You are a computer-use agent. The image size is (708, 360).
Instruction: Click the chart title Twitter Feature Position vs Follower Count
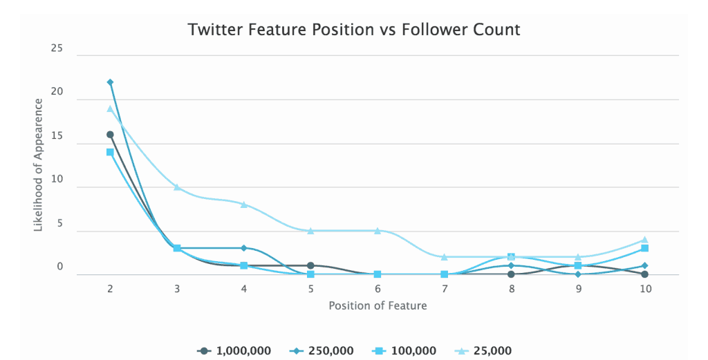click(354, 30)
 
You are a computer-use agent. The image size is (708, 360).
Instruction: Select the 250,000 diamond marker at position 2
click(110, 82)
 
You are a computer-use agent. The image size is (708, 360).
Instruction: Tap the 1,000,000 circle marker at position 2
click(110, 135)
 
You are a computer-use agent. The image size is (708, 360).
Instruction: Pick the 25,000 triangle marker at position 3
click(177, 187)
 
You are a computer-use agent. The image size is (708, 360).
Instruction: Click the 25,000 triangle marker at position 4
click(244, 205)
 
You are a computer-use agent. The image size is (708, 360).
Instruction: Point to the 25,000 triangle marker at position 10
click(645, 240)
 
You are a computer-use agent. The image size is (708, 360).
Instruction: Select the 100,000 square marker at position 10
click(645, 248)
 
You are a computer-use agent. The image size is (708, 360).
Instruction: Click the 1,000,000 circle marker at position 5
click(310, 265)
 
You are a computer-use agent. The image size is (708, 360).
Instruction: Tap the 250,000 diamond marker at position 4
click(244, 248)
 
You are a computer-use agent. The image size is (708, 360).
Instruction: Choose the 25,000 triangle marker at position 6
click(378, 231)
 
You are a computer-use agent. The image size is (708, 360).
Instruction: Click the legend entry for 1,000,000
click(234, 351)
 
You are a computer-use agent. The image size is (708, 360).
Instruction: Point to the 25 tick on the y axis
click(56, 49)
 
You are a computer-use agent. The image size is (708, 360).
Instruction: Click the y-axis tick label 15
click(56, 137)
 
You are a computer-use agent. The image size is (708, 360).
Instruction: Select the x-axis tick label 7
click(445, 290)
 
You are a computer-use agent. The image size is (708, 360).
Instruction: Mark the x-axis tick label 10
click(645, 290)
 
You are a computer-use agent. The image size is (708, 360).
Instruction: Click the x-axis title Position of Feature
click(378, 305)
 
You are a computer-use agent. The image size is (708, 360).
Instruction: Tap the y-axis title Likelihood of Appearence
click(39, 165)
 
